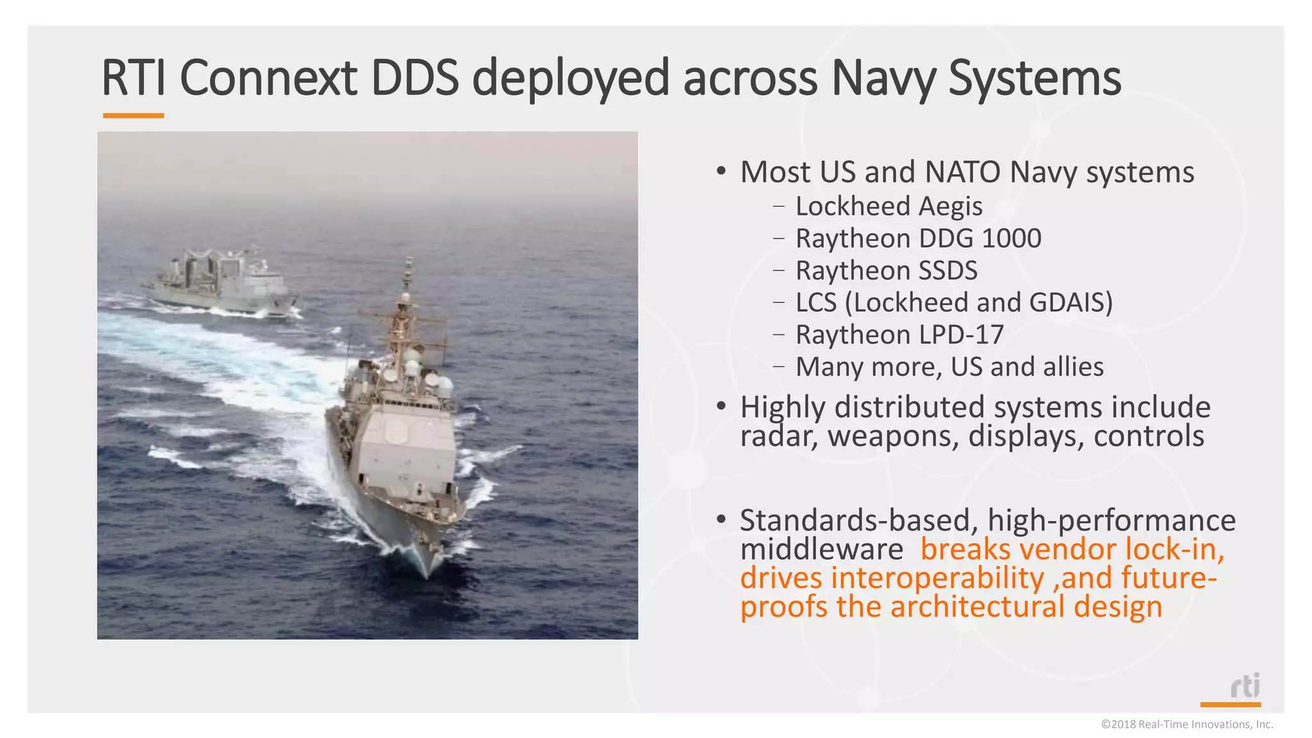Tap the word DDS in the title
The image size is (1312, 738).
415,78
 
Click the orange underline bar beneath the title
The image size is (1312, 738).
133,116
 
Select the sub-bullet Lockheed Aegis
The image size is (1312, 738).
889,206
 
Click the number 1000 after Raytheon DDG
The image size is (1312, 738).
1012,238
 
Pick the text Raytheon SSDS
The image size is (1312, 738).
886,270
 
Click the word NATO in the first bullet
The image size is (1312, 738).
962,172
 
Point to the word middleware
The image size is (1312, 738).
821,549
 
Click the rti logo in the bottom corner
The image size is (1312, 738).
1245,687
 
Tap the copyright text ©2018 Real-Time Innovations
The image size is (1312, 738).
1186,725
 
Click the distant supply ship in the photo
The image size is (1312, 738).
221,282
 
